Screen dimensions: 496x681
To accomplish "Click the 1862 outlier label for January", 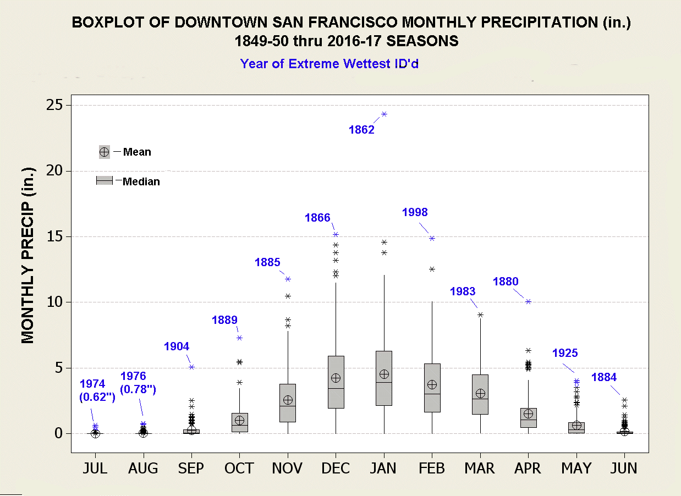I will pos(361,130).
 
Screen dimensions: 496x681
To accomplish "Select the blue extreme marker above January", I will pos(384,114).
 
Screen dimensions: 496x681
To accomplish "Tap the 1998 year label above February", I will pos(415,212).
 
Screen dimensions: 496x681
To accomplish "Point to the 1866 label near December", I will pos(317,218).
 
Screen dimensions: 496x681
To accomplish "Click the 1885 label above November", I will pos(267,262).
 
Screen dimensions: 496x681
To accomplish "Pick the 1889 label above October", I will pos(224,319).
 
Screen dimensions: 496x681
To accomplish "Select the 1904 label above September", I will pos(177,346).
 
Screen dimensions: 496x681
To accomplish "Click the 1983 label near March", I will pos(463,291).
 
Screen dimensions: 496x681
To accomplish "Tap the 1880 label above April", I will pos(506,282).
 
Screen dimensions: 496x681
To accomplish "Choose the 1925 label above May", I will pos(565,353).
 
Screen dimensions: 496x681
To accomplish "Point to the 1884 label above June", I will pos(604,377).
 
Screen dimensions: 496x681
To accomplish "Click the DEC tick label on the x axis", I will pos(336,469).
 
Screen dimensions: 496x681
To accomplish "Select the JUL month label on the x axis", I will pos(95,469).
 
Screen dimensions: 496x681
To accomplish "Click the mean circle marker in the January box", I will pos(384,374).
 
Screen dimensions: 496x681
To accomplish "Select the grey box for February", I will pos(432,388).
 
